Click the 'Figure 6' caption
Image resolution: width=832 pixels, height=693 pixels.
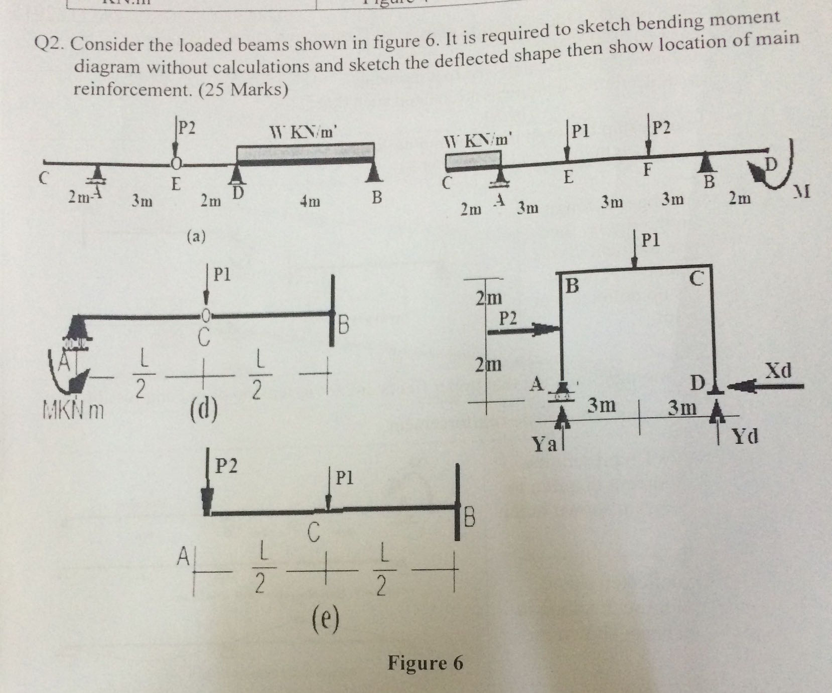[x=425, y=663]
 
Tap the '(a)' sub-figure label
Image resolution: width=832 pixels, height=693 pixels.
[x=196, y=236]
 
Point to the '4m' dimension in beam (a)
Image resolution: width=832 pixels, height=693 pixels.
[x=310, y=202]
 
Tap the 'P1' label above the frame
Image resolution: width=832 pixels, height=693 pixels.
[x=651, y=240]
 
